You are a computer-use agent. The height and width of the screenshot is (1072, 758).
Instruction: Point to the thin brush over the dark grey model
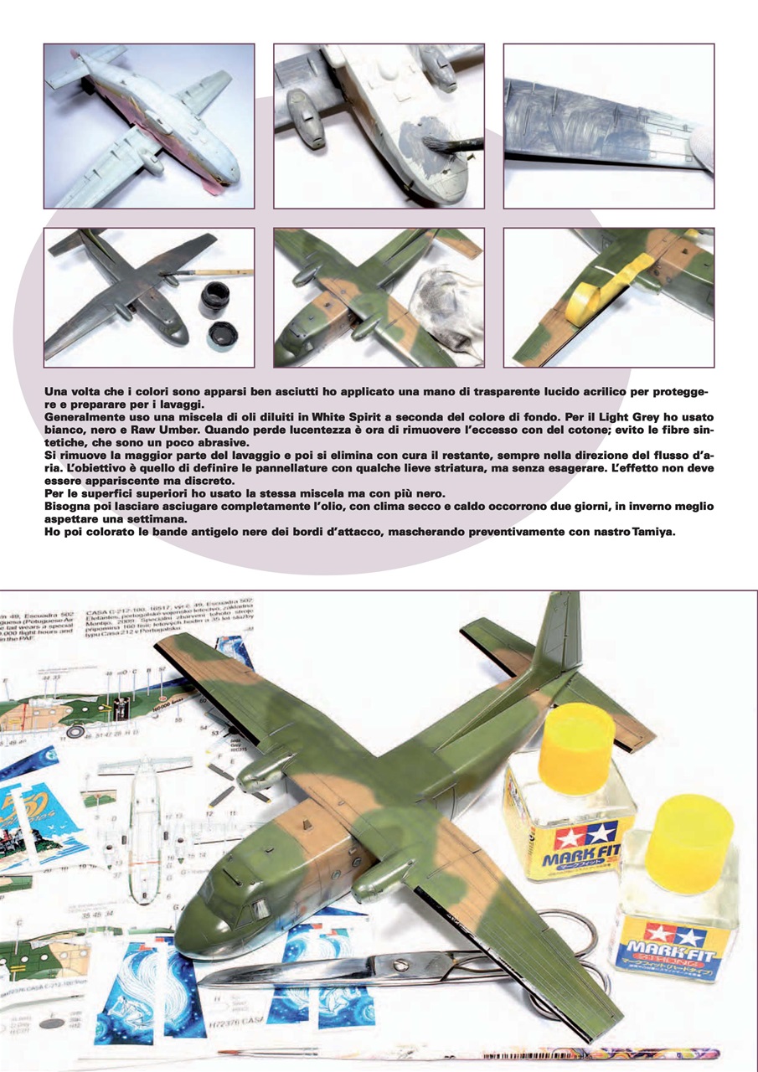click(218, 273)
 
